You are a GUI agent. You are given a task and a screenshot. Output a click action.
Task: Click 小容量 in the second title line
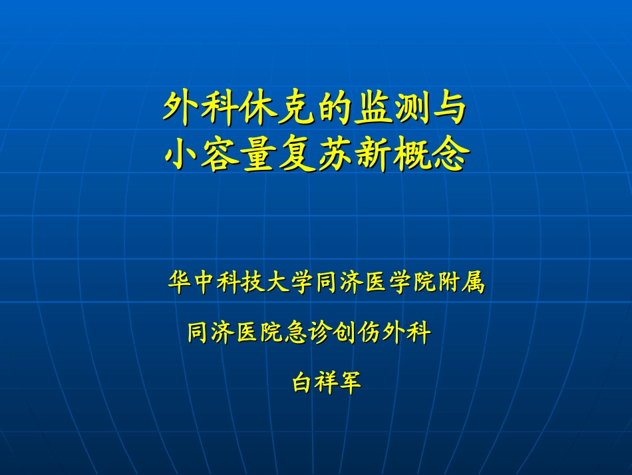tap(220, 155)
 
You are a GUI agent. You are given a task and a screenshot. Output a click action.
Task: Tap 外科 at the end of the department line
tap(407, 332)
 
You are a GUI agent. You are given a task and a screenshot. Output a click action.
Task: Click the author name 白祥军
tap(326, 382)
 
